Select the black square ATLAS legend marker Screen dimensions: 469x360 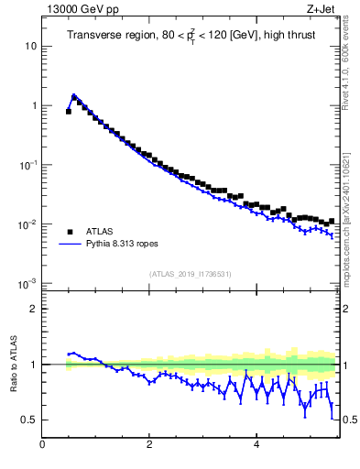coord(69,231)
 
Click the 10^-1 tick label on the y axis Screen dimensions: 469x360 coord(29,165)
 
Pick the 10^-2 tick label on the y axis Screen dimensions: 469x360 coord(29,224)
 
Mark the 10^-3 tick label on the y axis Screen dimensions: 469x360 coord(29,284)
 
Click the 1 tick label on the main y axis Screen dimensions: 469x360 coord(34,105)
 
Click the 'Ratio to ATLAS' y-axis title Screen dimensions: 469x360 coord(12,364)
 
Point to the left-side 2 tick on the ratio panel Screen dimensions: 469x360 coord(34,309)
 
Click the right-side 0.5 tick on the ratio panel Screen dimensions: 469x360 coord(348,420)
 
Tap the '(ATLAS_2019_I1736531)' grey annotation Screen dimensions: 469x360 coord(190,274)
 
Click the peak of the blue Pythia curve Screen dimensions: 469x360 coord(74,94)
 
